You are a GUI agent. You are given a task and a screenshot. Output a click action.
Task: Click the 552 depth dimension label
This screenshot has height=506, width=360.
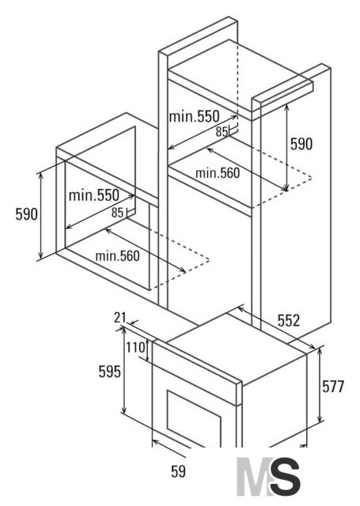289,320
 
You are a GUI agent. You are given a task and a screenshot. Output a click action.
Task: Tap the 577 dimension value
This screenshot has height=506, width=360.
333,387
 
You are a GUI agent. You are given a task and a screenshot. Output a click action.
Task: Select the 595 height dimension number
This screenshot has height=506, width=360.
109,372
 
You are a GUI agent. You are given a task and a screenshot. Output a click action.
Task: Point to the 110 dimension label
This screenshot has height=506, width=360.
135,348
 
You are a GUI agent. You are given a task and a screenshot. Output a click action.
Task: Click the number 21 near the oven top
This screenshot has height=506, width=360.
119,318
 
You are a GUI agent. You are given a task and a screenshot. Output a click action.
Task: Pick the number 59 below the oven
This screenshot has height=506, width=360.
178,471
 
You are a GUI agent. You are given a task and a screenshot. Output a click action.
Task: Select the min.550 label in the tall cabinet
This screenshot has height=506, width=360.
194,116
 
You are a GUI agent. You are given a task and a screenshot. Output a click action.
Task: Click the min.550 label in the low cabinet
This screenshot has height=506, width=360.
94,195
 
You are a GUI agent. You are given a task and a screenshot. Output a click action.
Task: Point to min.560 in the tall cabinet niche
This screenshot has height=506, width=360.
218,173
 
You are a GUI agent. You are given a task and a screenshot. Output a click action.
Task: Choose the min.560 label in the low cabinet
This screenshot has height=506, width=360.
118,256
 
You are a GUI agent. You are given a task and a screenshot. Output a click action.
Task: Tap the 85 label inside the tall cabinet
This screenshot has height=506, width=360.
222,132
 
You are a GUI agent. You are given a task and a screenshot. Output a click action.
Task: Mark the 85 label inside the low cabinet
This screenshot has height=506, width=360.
117,213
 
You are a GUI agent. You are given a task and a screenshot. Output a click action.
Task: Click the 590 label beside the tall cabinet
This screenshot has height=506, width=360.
301,144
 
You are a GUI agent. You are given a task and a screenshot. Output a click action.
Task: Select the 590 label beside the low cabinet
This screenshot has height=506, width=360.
26,214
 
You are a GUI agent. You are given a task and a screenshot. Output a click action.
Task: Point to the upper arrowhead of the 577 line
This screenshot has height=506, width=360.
320,351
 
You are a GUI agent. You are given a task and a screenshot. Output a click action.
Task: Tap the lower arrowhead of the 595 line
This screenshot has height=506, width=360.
123,410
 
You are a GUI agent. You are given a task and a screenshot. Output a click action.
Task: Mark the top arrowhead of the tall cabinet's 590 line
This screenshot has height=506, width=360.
286,108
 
